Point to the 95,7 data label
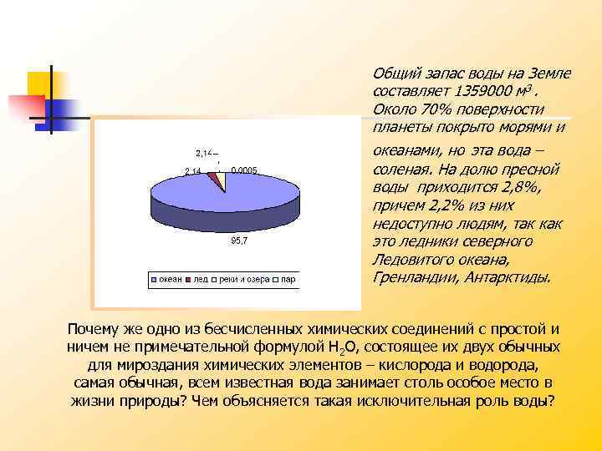coord(239,241)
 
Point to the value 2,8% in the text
coord(523,186)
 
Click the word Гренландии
coord(411,278)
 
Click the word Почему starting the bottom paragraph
coord(98,328)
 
